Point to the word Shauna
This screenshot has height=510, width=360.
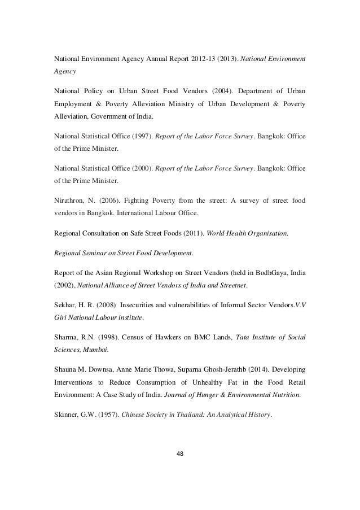tap(65, 370)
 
